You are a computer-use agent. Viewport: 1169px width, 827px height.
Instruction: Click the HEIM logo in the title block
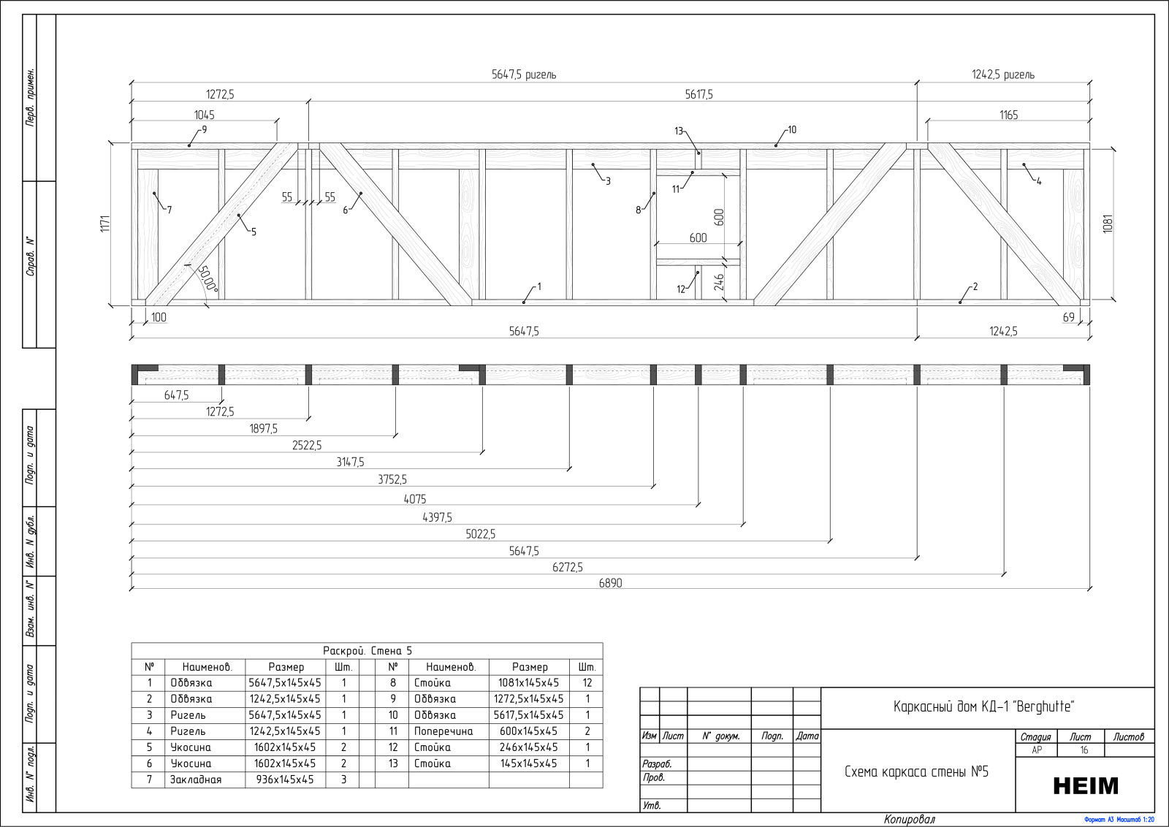pos(1086,785)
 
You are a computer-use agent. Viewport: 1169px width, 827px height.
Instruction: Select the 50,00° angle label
pos(207,278)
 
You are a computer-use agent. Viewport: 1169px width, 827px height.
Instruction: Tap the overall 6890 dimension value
pos(610,583)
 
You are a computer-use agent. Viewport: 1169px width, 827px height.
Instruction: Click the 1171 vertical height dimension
pos(105,224)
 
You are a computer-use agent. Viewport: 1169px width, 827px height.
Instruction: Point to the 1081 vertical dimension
pos(1108,224)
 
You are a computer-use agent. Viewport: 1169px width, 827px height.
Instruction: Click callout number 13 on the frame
pos(679,131)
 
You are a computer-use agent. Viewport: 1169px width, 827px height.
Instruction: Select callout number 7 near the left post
pos(169,210)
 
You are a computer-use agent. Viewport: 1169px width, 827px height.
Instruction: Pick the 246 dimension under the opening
pos(719,282)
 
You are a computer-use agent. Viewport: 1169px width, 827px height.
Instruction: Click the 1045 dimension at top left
pos(204,115)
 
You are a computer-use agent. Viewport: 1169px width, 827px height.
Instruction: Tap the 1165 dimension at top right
pos(1008,115)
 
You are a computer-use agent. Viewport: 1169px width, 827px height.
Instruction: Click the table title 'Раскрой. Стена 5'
pos(368,651)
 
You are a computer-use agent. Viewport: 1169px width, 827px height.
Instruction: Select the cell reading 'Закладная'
pos(196,780)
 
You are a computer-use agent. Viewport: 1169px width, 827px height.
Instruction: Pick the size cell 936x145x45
pos(285,780)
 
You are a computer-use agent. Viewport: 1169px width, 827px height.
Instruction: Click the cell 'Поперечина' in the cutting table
pos(443,731)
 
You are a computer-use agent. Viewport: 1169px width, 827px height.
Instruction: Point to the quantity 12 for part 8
pos(587,682)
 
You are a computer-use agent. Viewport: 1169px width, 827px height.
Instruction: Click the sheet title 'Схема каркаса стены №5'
pos(916,771)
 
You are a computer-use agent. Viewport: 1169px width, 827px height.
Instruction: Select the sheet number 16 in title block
pos(1084,750)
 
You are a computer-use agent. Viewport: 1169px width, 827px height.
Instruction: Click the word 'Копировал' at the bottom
pos(909,820)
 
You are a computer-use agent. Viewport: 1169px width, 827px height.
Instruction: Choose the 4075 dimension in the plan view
pos(414,499)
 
